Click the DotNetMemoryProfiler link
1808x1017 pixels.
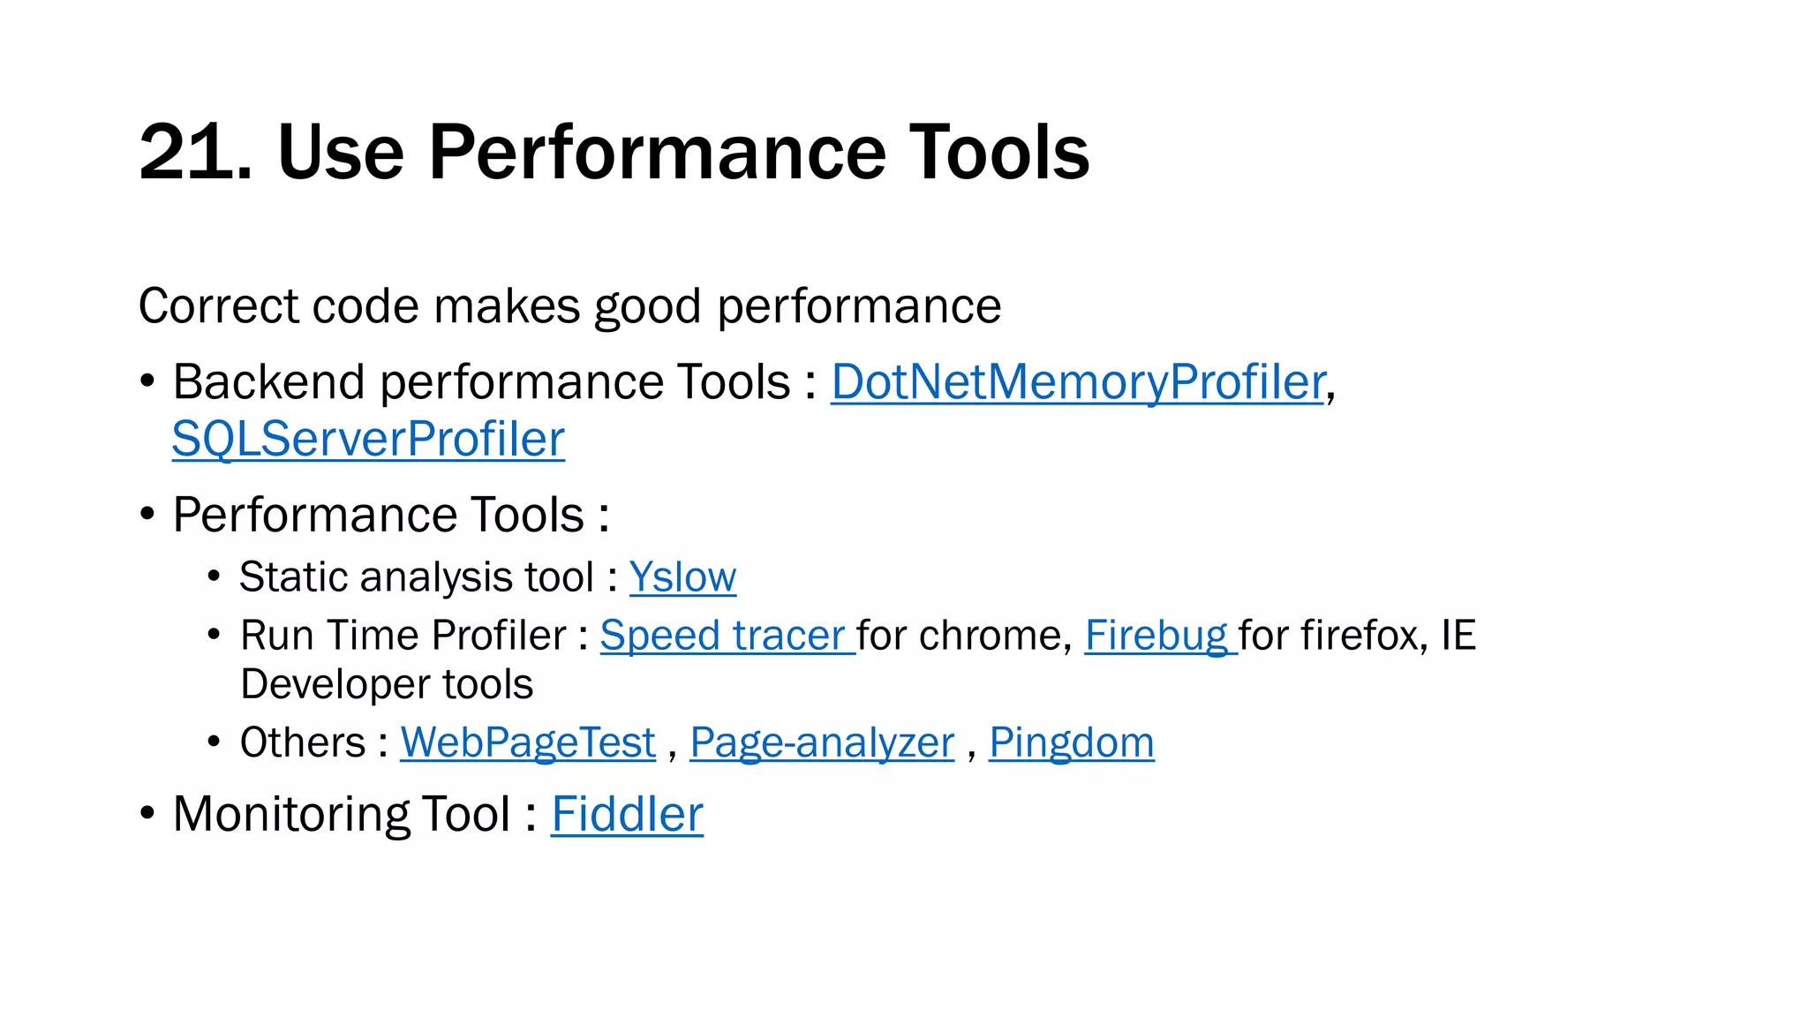pos(1078,382)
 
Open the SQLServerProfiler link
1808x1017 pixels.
pos(368,439)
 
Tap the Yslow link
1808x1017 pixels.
pos(682,577)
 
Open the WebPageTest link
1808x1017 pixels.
pos(528,742)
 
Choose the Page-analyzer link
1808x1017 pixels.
pos(822,742)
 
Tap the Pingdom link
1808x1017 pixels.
pos(1071,742)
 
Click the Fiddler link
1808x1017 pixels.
pos(627,814)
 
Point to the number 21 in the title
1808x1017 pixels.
pos(189,152)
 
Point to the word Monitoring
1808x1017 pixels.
pos(292,814)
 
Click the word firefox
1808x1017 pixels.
pos(1360,636)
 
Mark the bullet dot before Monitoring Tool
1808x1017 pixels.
pos(147,812)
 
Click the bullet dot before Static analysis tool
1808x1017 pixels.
pos(214,576)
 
